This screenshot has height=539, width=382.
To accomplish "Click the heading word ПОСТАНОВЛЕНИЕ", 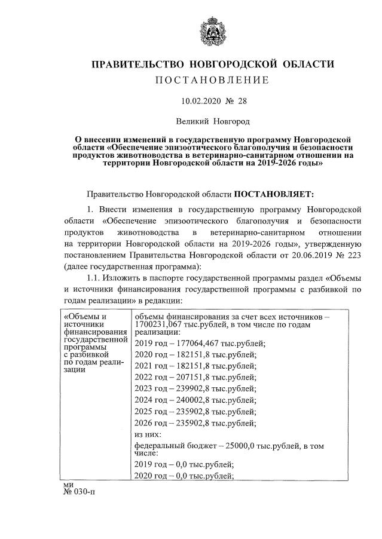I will pos(212,80).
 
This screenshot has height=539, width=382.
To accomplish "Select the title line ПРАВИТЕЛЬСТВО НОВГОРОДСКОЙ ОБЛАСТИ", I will pos(212,64).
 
